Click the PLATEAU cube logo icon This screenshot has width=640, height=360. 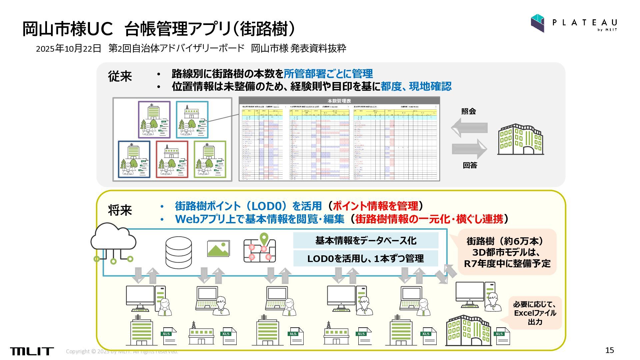(x=537, y=23)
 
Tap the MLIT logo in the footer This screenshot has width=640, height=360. (x=32, y=351)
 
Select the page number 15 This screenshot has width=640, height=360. (x=609, y=350)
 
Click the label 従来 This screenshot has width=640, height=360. (x=120, y=76)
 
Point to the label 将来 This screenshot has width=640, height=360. (x=120, y=210)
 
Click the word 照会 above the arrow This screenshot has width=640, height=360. (x=468, y=111)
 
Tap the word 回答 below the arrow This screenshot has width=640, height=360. (x=470, y=165)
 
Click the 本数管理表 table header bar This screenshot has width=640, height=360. (x=339, y=101)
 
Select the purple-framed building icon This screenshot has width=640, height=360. (x=154, y=120)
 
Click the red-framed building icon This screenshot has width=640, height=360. (x=172, y=159)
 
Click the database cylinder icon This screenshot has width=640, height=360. (x=179, y=252)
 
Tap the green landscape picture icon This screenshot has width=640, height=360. (x=218, y=249)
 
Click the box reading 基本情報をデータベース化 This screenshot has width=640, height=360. (x=366, y=240)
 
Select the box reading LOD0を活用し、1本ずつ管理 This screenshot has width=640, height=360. (x=366, y=258)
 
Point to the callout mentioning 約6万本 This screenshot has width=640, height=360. (x=507, y=252)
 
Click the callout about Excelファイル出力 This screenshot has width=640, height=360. (x=535, y=313)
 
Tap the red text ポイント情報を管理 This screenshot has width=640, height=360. (x=375, y=206)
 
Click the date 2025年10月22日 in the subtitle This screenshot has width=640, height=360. (x=68, y=49)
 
